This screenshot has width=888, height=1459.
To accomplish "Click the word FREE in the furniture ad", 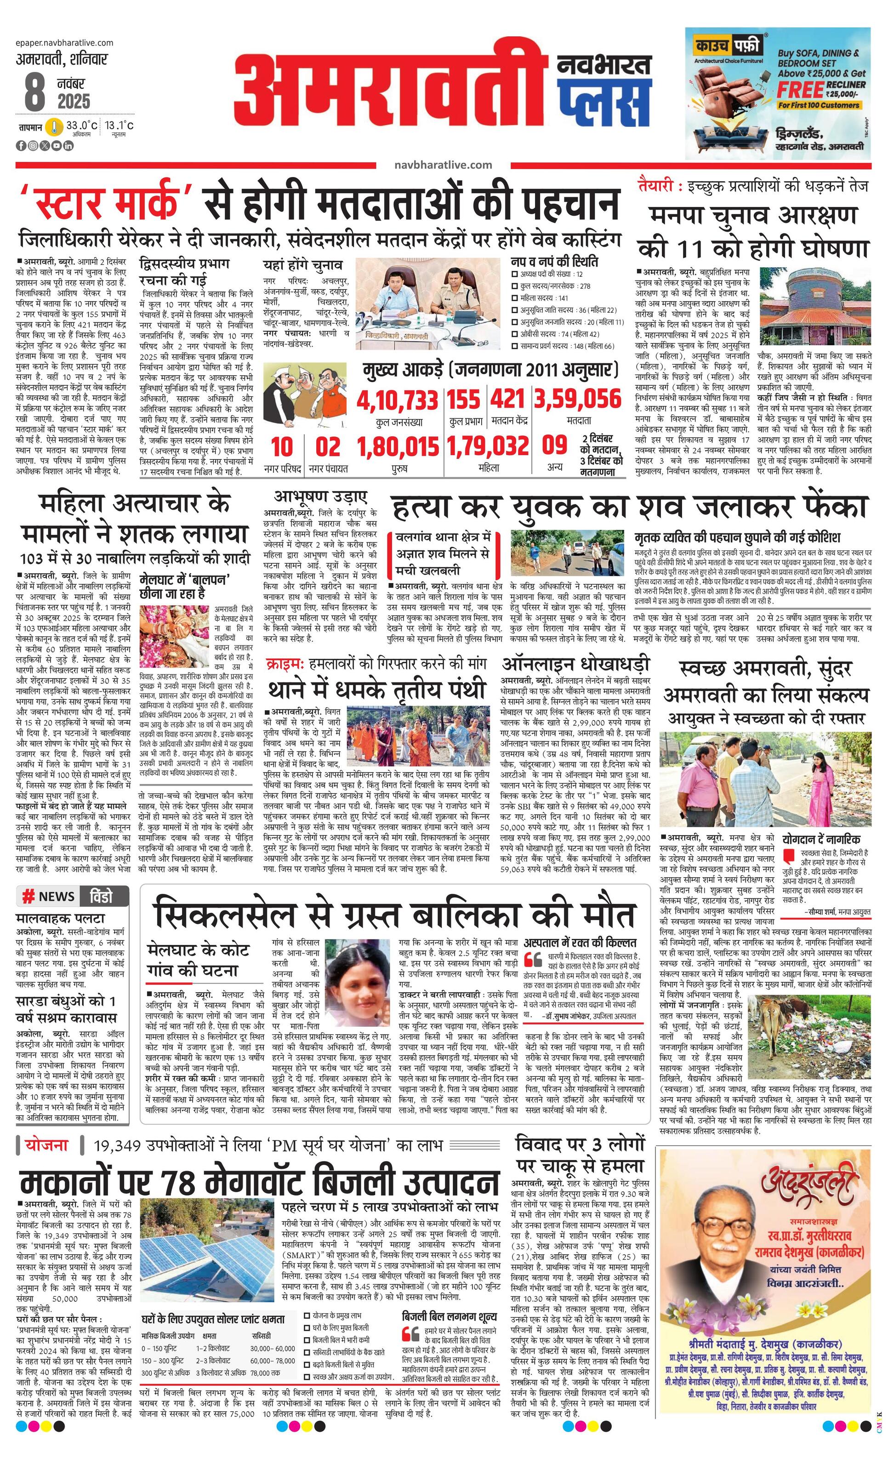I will (800, 91).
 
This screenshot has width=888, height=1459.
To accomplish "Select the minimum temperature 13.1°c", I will (120, 126).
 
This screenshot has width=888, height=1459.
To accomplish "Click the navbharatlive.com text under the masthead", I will (443, 165).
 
